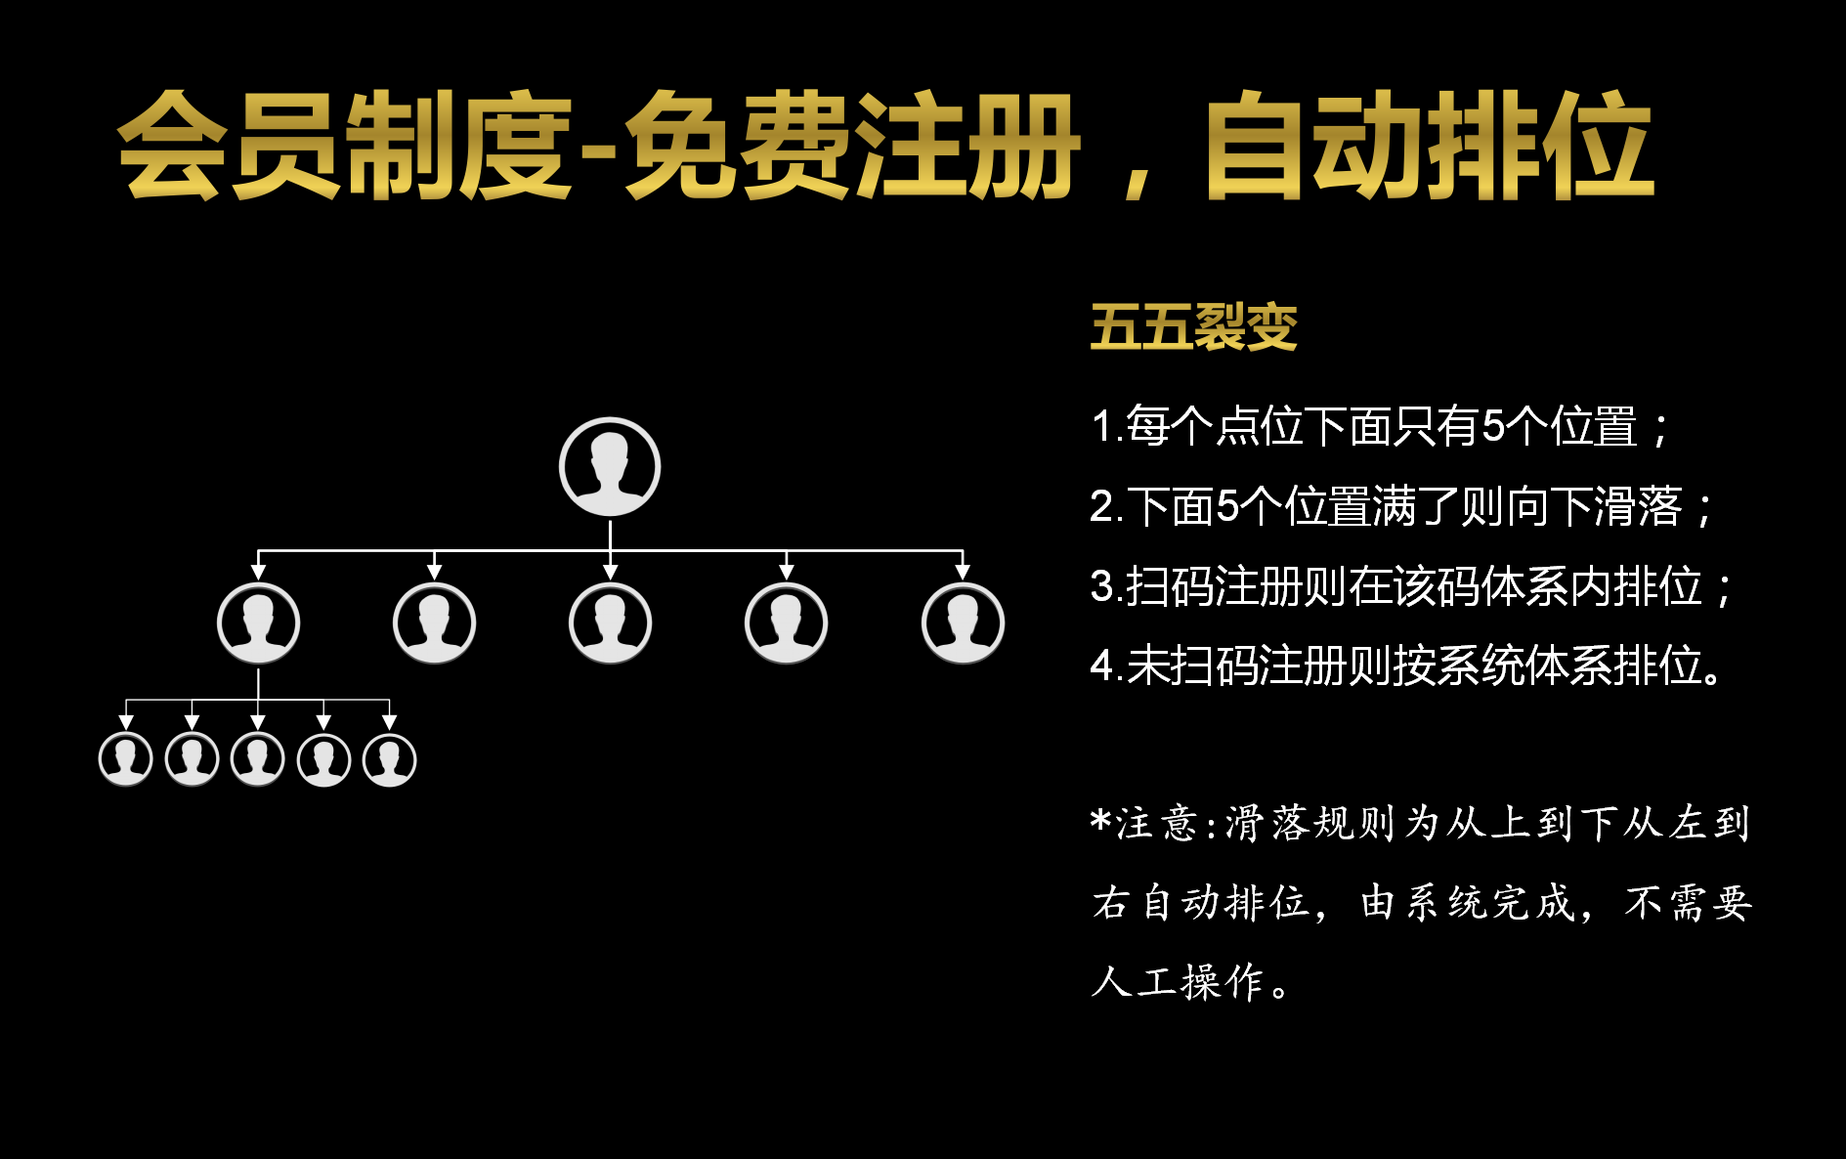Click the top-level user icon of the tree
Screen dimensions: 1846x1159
[x=610, y=467]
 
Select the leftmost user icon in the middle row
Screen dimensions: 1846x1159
[x=258, y=623]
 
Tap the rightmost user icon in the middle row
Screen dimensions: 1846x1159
[x=963, y=623]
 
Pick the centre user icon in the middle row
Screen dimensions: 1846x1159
[x=610, y=623]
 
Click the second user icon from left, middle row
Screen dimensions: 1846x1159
[x=434, y=623]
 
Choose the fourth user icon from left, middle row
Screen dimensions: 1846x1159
[x=786, y=623]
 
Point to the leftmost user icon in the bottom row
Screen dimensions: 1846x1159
[x=126, y=759]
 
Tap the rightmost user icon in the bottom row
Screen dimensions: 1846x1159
[x=389, y=759]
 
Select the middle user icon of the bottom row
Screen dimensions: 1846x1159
[x=257, y=759]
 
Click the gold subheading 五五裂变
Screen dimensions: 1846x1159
[x=1193, y=326]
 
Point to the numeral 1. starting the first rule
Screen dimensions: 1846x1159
[x=1104, y=427]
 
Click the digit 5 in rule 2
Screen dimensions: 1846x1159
[x=1227, y=507]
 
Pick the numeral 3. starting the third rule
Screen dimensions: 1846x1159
[x=1104, y=587]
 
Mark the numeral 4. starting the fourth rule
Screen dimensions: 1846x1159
[x=1104, y=666]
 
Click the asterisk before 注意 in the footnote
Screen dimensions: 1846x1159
[x=1101, y=821]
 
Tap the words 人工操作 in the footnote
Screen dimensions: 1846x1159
[x=1179, y=982]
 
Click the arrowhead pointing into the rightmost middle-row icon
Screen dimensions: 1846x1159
[x=963, y=571]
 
